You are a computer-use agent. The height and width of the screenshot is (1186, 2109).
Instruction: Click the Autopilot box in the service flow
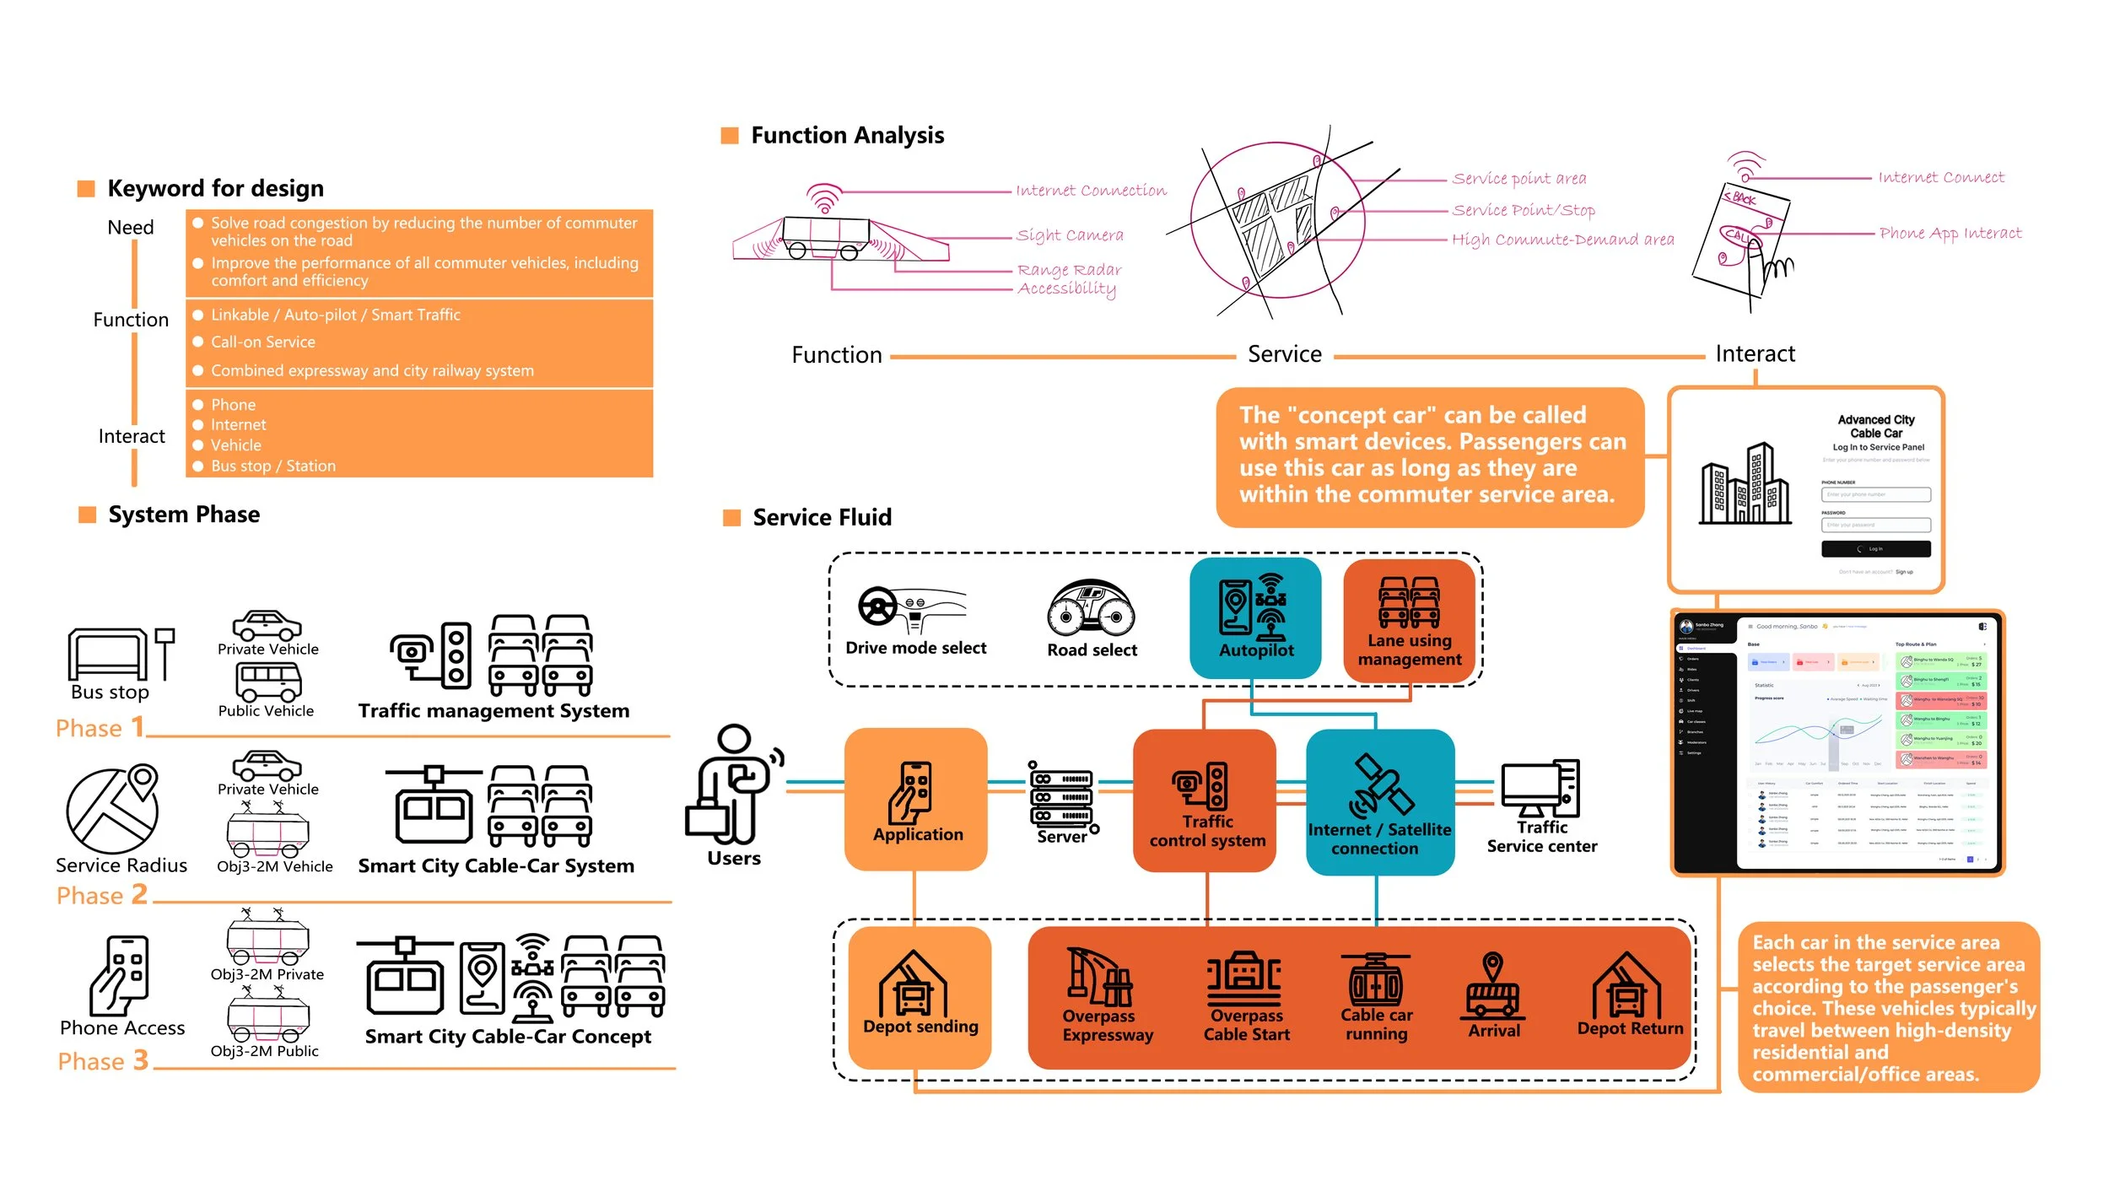(x=1255, y=617)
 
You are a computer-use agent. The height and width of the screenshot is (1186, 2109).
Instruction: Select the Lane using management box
(x=1409, y=620)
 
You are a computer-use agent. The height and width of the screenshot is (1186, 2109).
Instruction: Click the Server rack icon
(x=1061, y=796)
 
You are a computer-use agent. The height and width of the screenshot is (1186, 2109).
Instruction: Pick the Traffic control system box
(x=1205, y=801)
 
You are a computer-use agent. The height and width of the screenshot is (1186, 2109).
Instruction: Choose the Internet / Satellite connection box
(x=1379, y=801)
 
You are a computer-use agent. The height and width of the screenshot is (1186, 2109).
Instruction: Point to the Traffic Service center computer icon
(x=1540, y=788)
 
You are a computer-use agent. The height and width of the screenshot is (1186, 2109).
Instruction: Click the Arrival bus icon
(x=1493, y=987)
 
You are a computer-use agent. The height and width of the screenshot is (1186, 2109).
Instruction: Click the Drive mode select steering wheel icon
(x=878, y=606)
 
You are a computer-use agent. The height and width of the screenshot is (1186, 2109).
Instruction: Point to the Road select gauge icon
(x=1091, y=607)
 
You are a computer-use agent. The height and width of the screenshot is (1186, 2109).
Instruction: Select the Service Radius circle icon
(x=112, y=810)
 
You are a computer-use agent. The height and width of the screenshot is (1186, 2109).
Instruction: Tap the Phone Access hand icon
(x=121, y=975)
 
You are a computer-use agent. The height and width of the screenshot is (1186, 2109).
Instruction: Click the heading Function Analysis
(x=847, y=135)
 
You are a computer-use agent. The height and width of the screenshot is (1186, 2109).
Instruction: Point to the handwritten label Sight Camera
(x=1070, y=235)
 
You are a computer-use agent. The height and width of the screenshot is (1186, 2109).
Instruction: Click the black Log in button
(x=1875, y=549)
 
